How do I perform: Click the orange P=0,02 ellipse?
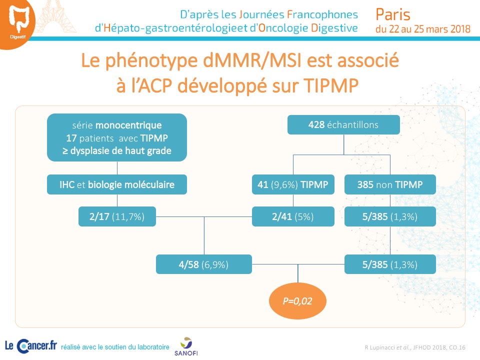tap(297, 301)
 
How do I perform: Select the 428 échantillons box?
tap(343, 124)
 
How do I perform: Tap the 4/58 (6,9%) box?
tap(204, 264)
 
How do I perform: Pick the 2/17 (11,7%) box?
tap(117, 216)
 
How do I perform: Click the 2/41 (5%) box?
tap(293, 216)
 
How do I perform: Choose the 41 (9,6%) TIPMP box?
tap(293, 184)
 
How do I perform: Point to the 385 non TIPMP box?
tap(390, 184)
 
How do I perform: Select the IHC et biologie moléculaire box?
tap(117, 184)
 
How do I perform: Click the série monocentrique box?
tap(117, 137)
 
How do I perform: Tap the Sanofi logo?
tap(186, 346)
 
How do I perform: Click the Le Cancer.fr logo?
tap(31, 346)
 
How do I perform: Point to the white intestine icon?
tap(19, 18)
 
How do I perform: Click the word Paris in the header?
tap(393, 14)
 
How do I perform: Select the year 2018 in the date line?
tap(460, 29)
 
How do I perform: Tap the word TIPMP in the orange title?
tap(331, 85)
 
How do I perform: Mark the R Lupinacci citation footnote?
tap(415, 347)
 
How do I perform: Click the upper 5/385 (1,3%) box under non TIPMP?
tap(390, 216)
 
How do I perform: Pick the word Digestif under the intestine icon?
tap(18, 37)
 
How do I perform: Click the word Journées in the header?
tap(261, 14)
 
